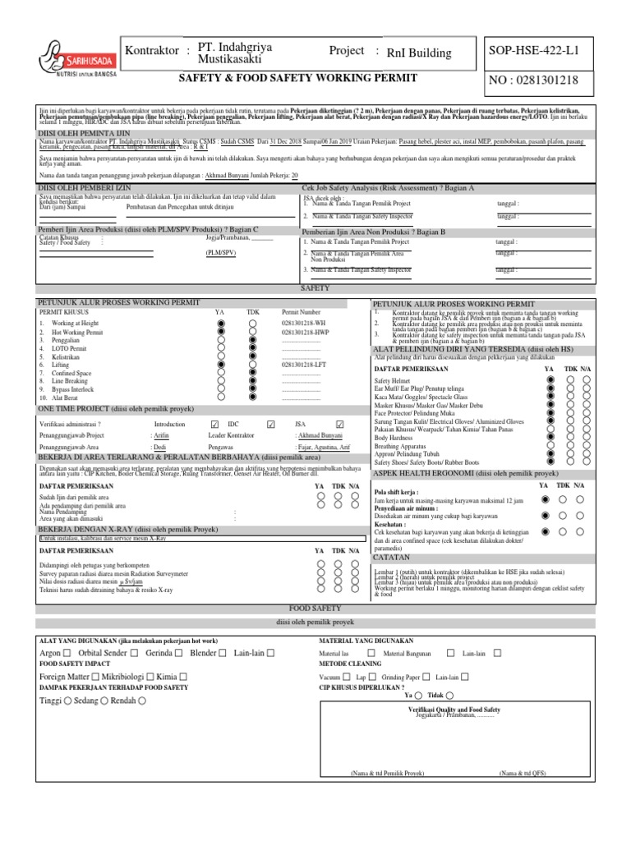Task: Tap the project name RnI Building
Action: [419, 53]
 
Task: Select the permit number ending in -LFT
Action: [305, 364]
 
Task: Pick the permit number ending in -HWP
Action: [305, 333]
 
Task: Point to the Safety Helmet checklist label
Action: [393, 382]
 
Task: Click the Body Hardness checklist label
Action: [394, 438]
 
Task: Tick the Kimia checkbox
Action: [182, 675]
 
